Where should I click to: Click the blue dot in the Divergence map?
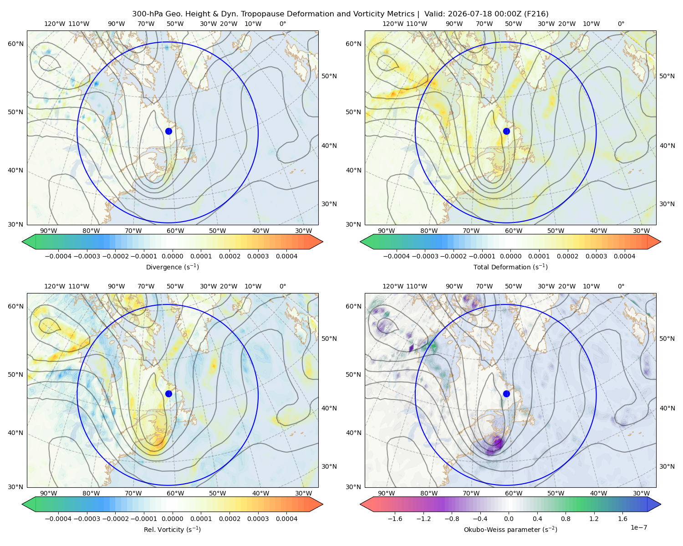click(168, 131)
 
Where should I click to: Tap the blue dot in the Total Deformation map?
click(506, 131)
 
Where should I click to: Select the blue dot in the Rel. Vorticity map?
click(168, 394)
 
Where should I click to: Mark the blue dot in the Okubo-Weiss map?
click(506, 394)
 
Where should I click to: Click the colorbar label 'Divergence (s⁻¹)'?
click(172, 267)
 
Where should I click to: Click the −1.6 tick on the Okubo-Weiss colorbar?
click(395, 518)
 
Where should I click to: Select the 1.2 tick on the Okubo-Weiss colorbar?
click(594, 518)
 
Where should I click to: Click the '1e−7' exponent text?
click(638, 527)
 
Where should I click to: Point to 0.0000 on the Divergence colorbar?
click(172, 256)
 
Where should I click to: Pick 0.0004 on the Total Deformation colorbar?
click(624, 256)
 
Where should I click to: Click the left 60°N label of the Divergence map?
click(15, 44)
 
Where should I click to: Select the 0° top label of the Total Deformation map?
click(621, 24)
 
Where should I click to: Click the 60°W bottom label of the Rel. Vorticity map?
click(175, 493)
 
